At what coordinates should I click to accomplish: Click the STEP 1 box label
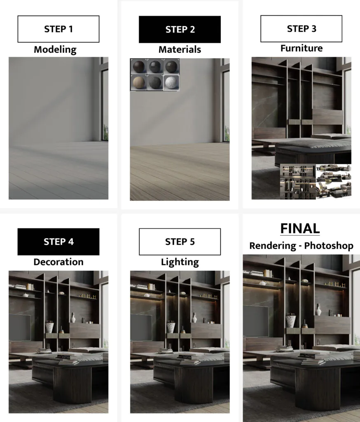58,29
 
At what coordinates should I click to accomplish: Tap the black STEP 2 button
180,29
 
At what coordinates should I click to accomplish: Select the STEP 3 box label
302,29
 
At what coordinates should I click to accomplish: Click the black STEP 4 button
58,241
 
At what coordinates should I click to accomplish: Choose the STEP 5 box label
180,241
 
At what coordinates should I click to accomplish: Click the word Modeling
55,50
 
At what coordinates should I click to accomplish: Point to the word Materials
180,49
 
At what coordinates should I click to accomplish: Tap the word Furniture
302,48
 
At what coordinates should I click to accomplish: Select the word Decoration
58,262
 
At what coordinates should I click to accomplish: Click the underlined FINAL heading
300,229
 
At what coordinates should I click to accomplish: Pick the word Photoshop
329,246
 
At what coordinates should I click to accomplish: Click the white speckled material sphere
171,82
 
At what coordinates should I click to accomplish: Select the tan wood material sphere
139,82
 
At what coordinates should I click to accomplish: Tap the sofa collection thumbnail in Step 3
334,181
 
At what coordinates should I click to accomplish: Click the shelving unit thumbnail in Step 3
298,182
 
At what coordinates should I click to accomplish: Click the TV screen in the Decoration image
20,327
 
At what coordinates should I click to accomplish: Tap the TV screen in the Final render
256,321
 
